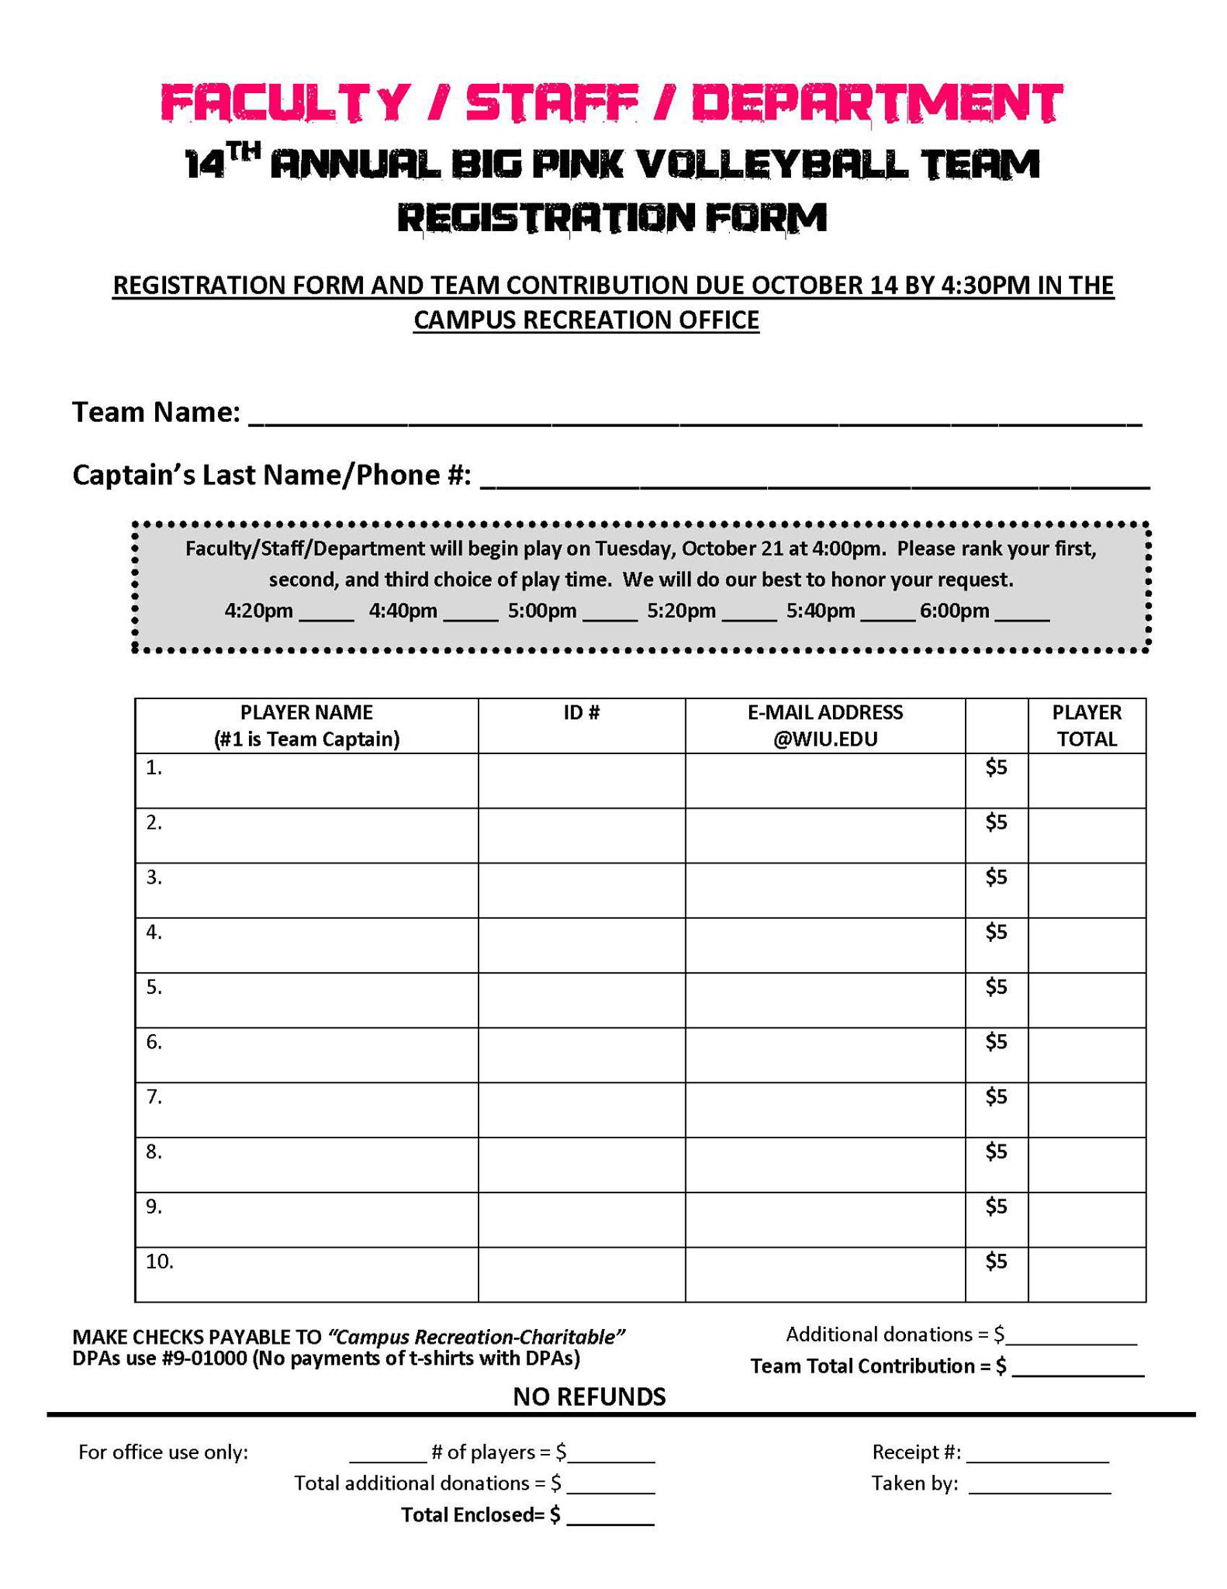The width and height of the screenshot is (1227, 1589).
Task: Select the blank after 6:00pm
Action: click(x=1022, y=613)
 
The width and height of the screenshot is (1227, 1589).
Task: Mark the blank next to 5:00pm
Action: click(x=610, y=613)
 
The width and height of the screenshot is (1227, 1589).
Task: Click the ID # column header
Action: click(x=581, y=713)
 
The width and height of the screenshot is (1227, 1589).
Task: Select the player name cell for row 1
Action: click(x=306, y=781)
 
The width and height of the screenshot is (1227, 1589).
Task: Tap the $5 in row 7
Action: click(x=996, y=1096)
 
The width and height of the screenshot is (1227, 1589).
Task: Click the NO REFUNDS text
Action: click(x=589, y=1397)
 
